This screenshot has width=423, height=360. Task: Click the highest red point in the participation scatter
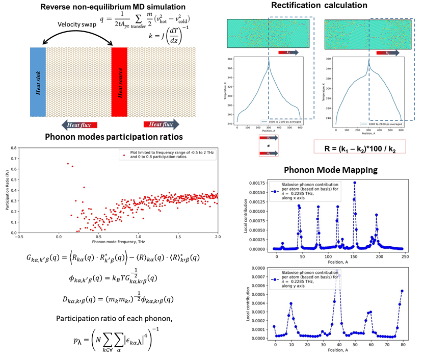(68, 164)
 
